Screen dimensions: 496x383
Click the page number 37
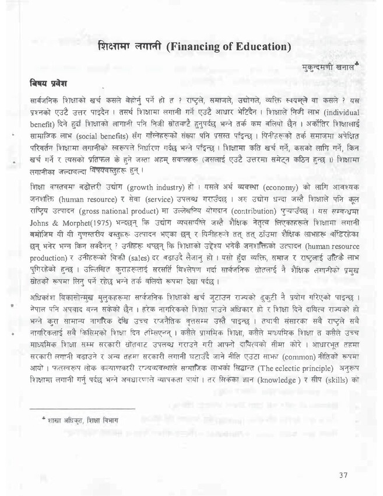pos(343,473)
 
